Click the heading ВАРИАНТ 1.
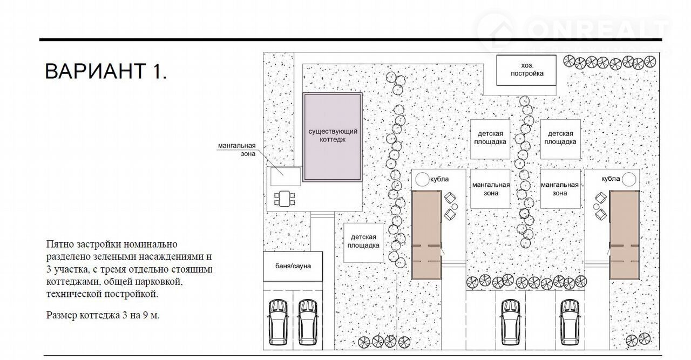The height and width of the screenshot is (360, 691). tap(106, 71)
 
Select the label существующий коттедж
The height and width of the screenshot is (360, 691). tap(333, 135)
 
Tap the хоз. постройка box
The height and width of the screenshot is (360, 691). tap(526, 70)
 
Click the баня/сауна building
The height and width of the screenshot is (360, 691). tap(293, 266)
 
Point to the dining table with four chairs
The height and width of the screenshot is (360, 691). tap(284, 199)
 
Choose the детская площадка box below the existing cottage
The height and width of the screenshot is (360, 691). tap(363, 243)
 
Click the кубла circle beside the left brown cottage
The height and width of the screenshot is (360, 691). tap(422, 179)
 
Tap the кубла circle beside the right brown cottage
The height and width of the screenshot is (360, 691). tap(629, 179)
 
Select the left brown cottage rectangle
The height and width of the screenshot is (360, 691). tap(426, 235)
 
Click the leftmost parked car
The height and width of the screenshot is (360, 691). tap(278, 322)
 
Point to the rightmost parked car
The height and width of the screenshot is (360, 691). tap(570, 322)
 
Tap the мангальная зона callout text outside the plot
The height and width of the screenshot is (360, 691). tap(236, 150)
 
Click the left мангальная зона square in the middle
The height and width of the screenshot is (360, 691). tap(490, 189)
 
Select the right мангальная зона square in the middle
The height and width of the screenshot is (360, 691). tap(560, 189)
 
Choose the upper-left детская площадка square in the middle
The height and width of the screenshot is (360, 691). tap(490, 139)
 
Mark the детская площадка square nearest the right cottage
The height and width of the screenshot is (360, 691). tap(560, 139)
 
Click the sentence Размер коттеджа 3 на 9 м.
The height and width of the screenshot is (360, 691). tap(103, 315)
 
